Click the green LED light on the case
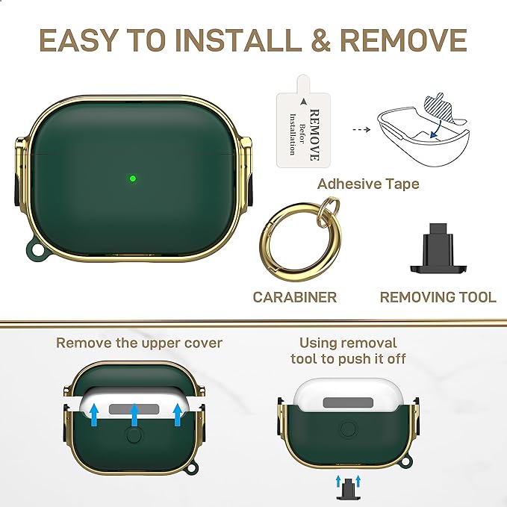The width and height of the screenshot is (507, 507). pyautogui.click(x=133, y=178)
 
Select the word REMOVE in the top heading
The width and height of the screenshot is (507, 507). pyautogui.click(x=403, y=40)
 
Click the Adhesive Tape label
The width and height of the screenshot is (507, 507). pyautogui.click(x=368, y=184)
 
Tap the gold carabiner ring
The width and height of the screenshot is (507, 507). pyautogui.click(x=299, y=242)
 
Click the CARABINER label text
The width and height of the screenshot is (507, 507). pyautogui.click(x=294, y=297)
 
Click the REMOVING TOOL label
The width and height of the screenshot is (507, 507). pyautogui.click(x=438, y=297)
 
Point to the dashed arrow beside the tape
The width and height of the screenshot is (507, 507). pyautogui.click(x=361, y=130)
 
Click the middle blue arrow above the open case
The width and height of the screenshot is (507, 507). pyautogui.click(x=134, y=415)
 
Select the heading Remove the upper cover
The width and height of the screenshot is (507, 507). pyautogui.click(x=140, y=343)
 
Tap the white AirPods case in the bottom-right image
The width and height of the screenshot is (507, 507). pyautogui.click(x=348, y=396)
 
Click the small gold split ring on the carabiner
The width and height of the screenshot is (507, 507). pyautogui.click(x=329, y=208)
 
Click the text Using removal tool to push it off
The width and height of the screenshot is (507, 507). pyautogui.click(x=348, y=351)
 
